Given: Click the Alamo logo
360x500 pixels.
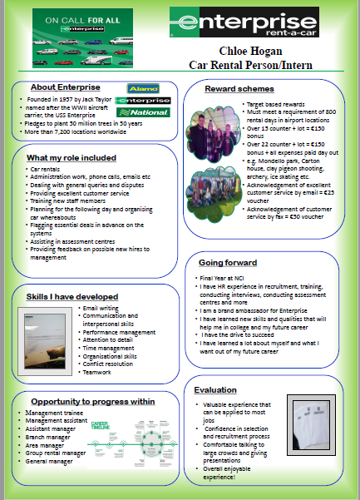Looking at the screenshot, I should pos(143,87).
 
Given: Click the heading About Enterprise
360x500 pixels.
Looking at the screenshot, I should pos(66,87).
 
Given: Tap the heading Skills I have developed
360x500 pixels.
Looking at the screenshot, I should pos(72,297).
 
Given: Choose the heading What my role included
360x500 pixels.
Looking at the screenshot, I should pos(72,158).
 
